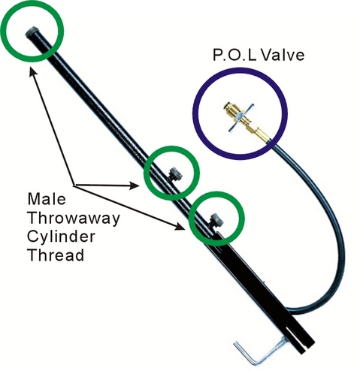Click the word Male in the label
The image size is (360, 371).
[x=47, y=199]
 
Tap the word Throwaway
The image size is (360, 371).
[x=74, y=219]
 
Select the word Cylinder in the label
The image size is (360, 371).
[x=62, y=237]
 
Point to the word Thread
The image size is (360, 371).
[x=56, y=255]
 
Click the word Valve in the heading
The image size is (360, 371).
[x=283, y=55]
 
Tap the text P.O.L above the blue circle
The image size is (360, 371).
[x=234, y=55]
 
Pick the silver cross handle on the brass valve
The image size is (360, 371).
[x=241, y=118]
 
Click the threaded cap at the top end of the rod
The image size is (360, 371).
[x=32, y=32]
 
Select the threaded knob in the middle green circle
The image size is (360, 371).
[x=176, y=174]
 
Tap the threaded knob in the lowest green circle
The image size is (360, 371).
[x=216, y=220]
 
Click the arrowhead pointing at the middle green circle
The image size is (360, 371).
[x=135, y=185]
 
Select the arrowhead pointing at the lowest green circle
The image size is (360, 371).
[x=180, y=227]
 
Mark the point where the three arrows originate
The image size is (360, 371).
[x=74, y=185]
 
